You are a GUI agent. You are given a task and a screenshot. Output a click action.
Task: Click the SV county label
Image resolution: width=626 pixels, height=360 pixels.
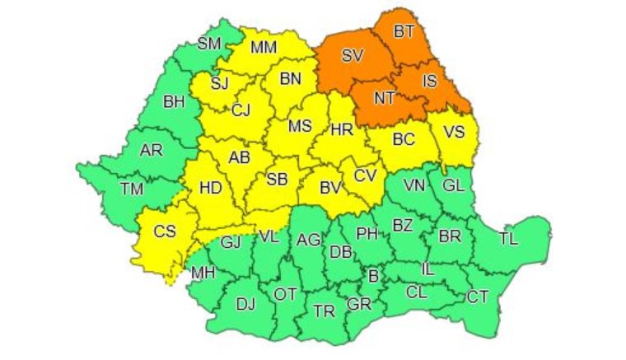coord(353,57)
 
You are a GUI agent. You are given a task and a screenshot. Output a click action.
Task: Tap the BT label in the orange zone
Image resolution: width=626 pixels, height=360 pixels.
coord(404,32)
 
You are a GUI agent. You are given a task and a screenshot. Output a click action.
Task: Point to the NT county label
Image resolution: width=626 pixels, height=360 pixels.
coord(385,98)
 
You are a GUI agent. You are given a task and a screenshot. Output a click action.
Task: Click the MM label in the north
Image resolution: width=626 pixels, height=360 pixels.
coord(263,48)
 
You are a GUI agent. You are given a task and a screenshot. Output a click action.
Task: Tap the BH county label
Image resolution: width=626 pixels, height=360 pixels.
coord(174,103)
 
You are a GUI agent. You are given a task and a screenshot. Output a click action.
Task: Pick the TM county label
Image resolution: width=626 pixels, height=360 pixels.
coord(131,189)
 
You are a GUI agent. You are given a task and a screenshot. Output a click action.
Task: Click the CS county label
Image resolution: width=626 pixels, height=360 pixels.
coord(166,232)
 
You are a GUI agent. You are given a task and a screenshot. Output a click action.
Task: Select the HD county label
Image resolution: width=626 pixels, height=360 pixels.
coord(211,188)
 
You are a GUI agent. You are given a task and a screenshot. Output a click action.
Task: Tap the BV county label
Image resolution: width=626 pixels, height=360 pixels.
coord(330,189)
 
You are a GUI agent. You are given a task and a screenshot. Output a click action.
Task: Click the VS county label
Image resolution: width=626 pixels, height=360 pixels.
coord(454,132)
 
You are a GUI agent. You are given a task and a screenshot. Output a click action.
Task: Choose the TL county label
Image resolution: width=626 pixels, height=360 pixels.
coord(509,239)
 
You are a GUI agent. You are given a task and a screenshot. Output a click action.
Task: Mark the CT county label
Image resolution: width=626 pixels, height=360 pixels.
coord(478,297)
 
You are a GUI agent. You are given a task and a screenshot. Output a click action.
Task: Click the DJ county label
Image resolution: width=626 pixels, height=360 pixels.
coord(245,305)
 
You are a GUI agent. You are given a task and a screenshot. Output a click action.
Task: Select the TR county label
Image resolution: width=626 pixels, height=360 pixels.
coord(324,311)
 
